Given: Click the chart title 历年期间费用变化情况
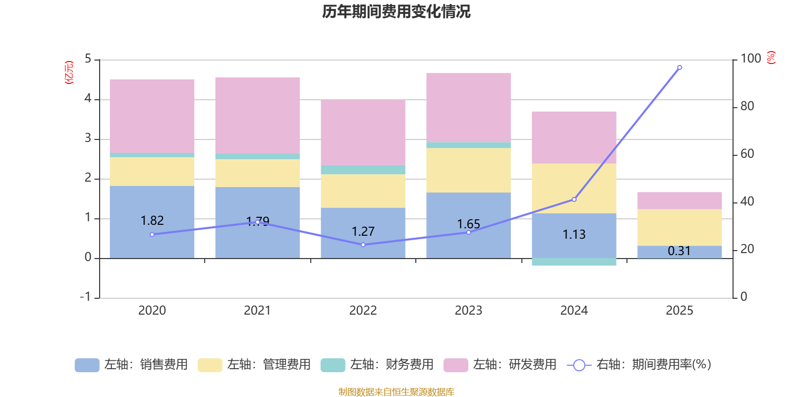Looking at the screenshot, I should [x=396, y=11].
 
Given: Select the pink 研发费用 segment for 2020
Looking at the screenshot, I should [x=152, y=116].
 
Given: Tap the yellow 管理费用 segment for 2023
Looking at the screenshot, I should [x=468, y=170].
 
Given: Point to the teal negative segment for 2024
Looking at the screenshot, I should [x=574, y=262].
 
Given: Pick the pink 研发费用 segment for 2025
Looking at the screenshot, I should [x=680, y=200].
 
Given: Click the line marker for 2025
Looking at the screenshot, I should [x=680, y=67].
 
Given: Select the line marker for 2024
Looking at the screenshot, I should [x=574, y=199].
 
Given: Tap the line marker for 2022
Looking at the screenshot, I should [x=363, y=245].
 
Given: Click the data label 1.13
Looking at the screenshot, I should [x=574, y=234].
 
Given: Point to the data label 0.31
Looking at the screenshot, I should [x=679, y=251].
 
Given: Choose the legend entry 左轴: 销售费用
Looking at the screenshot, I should [x=131, y=365].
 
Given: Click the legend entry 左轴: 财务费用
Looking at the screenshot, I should [x=377, y=365].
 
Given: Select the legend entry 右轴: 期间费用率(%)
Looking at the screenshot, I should [x=639, y=365].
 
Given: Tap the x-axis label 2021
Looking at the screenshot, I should [x=257, y=311].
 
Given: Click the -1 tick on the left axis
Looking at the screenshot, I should [x=86, y=297].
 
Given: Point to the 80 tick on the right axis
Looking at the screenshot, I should [x=747, y=106].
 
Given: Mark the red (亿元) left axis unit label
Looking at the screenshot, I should [x=69, y=72].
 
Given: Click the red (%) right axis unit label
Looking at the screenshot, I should [x=771, y=58].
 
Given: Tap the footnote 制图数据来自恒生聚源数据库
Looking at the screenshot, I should [x=396, y=392].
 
